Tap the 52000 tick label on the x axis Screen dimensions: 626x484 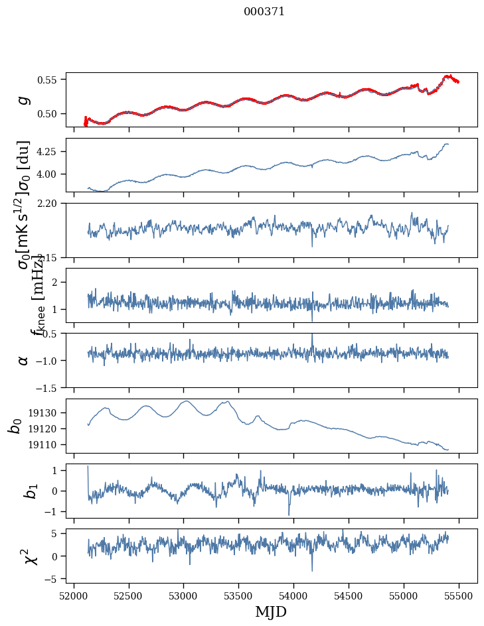tap(74, 595)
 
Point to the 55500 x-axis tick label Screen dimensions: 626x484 tap(459, 595)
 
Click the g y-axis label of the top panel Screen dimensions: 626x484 tap(24, 100)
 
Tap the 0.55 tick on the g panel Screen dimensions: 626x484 tap(50, 80)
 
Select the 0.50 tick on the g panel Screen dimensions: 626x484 tap(50, 114)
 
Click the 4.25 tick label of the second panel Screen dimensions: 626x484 tap(50, 152)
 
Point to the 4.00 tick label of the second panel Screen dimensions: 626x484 tap(50, 174)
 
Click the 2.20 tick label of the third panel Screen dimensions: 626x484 tap(50, 204)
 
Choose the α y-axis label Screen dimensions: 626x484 tap(24, 360)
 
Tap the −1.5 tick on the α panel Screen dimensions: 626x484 tap(48, 387)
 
